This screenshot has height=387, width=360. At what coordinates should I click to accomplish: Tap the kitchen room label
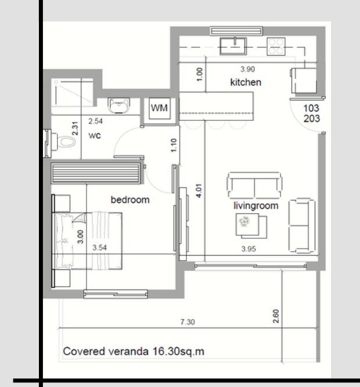click(246, 83)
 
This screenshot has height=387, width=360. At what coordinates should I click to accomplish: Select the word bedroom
click(130, 200)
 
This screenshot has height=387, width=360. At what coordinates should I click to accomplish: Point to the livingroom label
click(256, 206)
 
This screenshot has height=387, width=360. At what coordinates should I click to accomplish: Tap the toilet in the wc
click(65, 141)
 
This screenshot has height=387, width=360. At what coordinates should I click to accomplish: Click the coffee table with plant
click(251, 225)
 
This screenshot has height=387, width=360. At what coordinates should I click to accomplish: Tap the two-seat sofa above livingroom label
click(254, 185)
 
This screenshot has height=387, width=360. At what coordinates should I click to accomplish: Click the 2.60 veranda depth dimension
click(275, 317)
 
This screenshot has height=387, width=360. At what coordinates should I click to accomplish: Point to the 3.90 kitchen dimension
click(247, 69)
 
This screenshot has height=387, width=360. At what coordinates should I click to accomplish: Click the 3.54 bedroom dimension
click(101, 248)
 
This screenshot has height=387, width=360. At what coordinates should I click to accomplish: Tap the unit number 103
click(311, 108)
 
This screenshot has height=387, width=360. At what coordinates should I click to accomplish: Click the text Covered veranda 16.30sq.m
click(134, 352)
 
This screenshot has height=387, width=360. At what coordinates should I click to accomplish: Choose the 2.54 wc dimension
click(96, 121)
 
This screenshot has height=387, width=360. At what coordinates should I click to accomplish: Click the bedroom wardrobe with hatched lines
click(96, 174)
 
